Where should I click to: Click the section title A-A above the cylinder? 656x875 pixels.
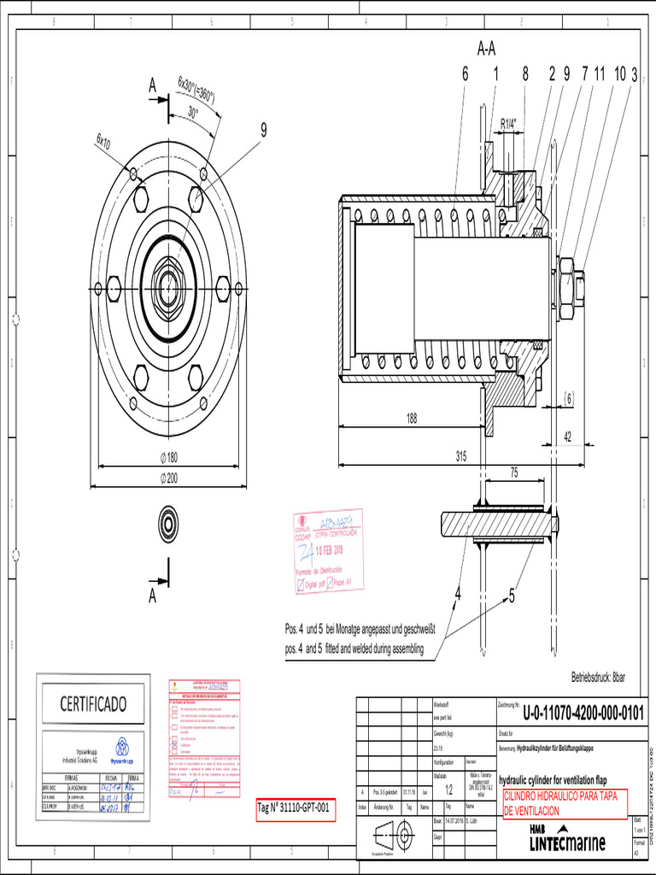(x=486, y=49)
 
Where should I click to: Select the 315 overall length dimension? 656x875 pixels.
(x=460, y=456)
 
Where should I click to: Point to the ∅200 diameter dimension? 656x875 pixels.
(x=168, y=479)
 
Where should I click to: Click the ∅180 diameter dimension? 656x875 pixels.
(x=168, y=457)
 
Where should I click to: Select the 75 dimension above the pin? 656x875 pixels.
(x=514, y=471)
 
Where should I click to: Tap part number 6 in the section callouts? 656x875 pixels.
(x=466, y=74)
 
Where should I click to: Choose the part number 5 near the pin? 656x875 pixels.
(x=512, y=597)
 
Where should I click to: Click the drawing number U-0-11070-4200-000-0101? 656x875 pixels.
(x=583, y=713)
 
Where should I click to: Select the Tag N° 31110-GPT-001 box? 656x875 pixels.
(x=295, y=807)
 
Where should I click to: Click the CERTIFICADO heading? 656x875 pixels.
(x=92, y=703)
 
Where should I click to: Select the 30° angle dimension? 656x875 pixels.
(x=193, y=112)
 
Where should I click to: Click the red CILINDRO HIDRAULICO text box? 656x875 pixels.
(x=565, y=802)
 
